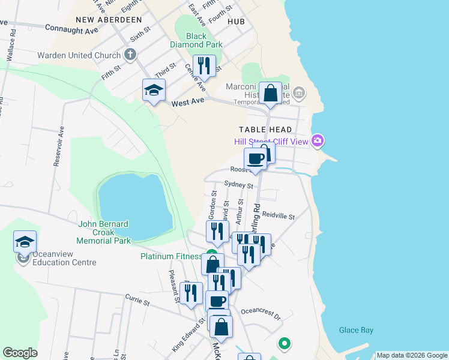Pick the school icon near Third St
click(x=154, y=90)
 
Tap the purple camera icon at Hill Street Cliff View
click(x=318, y=141)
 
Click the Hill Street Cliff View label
click(x=271, y=142)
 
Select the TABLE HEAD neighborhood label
click(x=265, y=130)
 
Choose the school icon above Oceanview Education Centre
click(x=25, y=242)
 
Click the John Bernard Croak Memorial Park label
click(x=104, y=232)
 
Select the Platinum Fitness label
click(x=172, y=256)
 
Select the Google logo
click(x=20, y=353)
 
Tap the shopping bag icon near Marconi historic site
click(x=271, y=94)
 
